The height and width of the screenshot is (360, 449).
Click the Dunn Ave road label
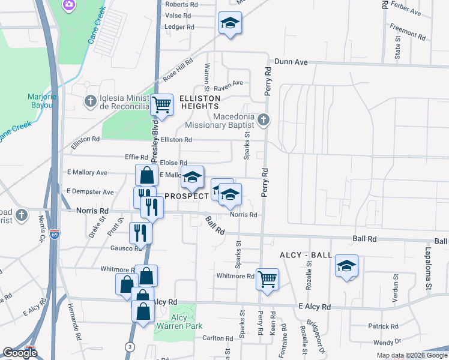(291, 61)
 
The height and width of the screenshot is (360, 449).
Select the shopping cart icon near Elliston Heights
(161, 105)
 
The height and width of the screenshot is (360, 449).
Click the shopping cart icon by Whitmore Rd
(267, 278)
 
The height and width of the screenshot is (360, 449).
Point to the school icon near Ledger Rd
(228, 23)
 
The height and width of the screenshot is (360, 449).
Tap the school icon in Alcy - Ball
(346, 265)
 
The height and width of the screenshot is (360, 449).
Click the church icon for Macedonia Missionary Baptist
(263, 121)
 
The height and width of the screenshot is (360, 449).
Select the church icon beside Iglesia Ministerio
(90, 99)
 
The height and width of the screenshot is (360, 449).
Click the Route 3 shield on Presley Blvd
(130, 346)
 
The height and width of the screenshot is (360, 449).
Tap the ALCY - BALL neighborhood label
(306, 255)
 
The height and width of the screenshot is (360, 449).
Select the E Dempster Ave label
(90, 192)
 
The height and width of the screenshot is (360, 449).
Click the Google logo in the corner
(20, 353)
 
